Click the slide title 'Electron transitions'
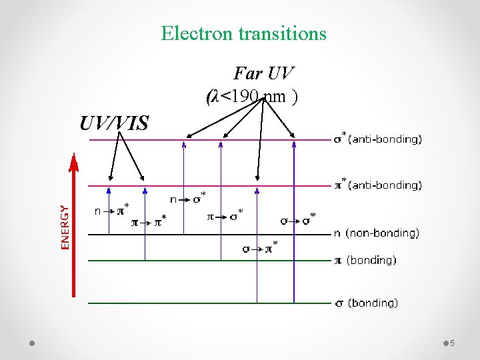click(x=243, y=33)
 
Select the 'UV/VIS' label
click(x=114, y=123)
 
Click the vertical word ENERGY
click(x=65, y=227)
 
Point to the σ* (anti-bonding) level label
click(x=377, y=139)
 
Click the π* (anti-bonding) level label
click(x=377, y=185)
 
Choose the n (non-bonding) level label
click(x=376, y=233)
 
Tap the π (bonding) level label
click(x=365, y=260)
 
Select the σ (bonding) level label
click(x=366, y=303)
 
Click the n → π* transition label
click(x=112, y=211)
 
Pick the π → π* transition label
click(x=149, y=222)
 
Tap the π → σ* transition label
click(x=225, y=217)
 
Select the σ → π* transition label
click(x=260, y=249)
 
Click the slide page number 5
click(x=452, y=343)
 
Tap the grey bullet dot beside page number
click(x=445, y=343)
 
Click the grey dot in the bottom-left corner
click(x=32, y=343)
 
